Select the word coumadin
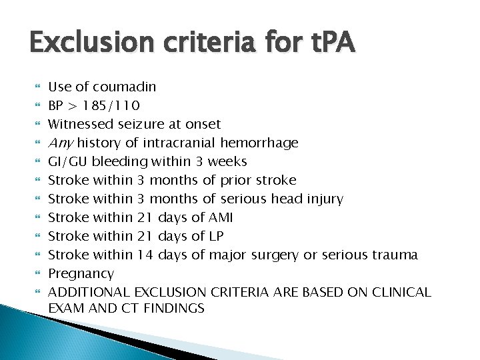pos(125,87)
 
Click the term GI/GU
pos(69,161)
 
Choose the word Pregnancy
pos(81,273)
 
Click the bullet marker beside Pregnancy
pos(37,273)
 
